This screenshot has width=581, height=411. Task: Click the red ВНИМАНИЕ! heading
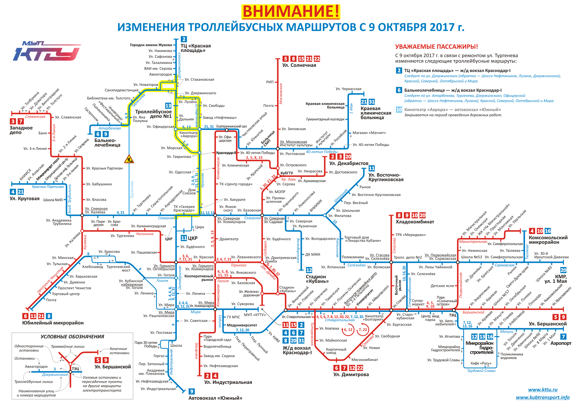[x=291, y=12]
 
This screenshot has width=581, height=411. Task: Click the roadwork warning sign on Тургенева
[x=129, y=159]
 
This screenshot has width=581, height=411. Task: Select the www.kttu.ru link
[x=543, y=390]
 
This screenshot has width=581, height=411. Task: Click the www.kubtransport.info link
[x=543, y=397]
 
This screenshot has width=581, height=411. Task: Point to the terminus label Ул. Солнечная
[x=299, y=65]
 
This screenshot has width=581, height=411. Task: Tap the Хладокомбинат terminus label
[x=414, y=222]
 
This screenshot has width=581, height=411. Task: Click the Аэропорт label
[x=561, y=343]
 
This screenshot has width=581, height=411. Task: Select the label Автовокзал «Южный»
[x=215, y=398]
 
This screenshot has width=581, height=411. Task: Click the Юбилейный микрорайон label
[x=53, y=323]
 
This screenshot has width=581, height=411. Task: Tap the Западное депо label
[x=21, y=130]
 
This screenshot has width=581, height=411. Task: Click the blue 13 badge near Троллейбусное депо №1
[x=168, y=106]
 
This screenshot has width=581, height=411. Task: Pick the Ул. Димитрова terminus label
[x=351, y=375]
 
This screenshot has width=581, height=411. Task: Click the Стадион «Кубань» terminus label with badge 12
[x=317, y=279]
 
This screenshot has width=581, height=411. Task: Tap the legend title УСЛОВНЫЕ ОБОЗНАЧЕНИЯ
[x=72, y=337]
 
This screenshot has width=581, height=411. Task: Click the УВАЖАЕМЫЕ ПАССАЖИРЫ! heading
[x=436, y=47]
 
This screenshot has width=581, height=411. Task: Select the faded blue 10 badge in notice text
[x=399, y=109]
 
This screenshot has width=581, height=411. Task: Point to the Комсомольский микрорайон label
[x=548, y=240]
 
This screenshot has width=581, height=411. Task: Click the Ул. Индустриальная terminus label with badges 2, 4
[x=228, y=382]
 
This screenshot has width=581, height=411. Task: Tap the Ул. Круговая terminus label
[x=25, y=199]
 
